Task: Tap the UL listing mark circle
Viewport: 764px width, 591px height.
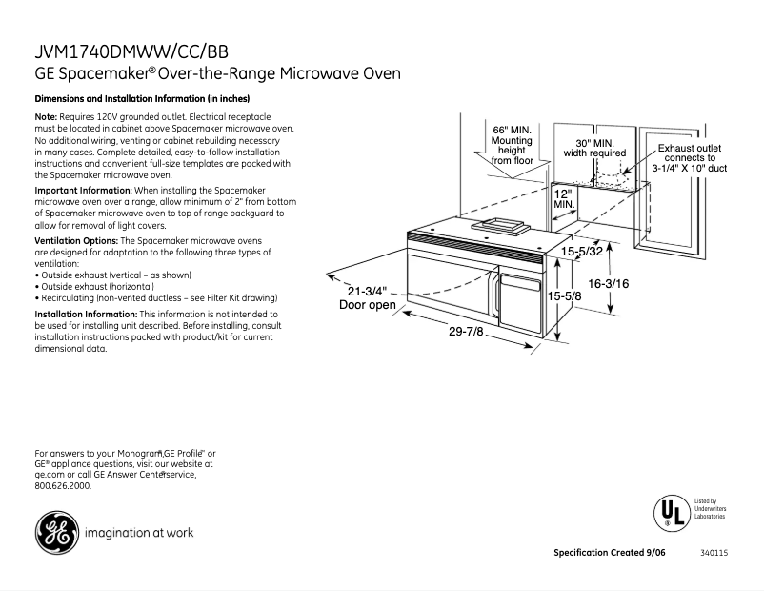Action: (671, 513)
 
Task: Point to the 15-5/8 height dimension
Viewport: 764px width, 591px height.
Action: (564, 297)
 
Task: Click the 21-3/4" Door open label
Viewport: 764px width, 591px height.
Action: (368, 297)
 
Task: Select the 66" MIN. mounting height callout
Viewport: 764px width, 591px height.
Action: (512, 145)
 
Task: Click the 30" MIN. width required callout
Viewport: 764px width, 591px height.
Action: (593, 147)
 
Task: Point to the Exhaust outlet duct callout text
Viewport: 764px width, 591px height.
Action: (690, 157)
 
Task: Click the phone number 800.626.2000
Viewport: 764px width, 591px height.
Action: (63, 485)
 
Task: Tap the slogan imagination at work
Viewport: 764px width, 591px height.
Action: (139, 533)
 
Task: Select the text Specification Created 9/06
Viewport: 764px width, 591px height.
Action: (613, 554)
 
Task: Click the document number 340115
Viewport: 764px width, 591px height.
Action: (714, 554)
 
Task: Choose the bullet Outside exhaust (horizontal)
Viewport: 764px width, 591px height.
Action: (94, 286)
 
